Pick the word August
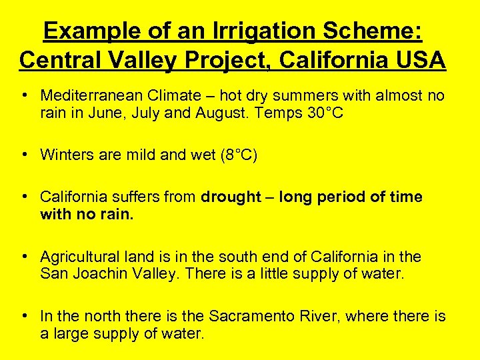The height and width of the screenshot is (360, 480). pos(221,113)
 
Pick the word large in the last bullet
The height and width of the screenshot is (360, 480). pos(69,333)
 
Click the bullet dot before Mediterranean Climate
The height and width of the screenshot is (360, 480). pos(25,96)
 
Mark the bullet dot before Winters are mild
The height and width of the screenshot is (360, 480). pos(25,155)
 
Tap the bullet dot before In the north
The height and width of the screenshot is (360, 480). pos(25,316)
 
